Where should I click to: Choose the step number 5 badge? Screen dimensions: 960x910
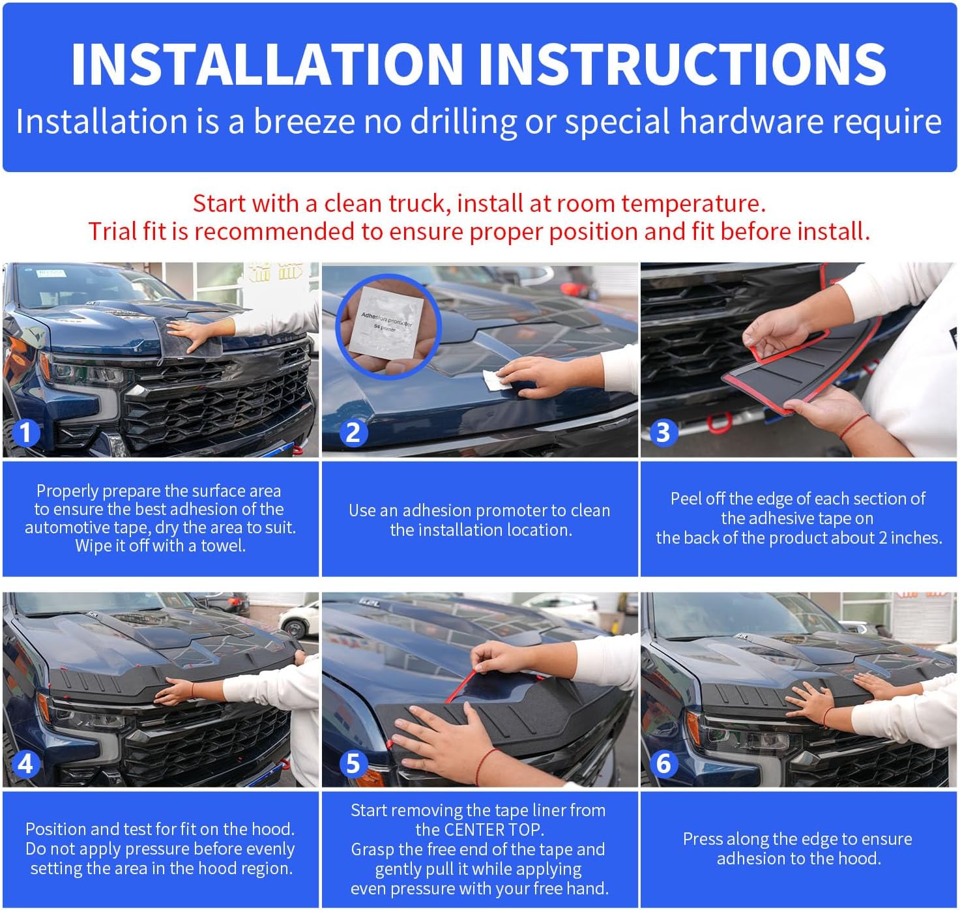353,763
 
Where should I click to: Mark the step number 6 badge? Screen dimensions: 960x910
663,763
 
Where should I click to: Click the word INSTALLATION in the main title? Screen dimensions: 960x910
267,64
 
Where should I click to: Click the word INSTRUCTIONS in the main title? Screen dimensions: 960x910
682,64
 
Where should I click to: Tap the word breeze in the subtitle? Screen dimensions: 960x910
304,121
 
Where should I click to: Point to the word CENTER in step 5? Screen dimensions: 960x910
476,829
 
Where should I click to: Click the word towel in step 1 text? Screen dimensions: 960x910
222,546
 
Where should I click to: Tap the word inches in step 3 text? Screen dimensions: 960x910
916,538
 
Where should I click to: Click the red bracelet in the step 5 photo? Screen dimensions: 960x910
485,767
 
